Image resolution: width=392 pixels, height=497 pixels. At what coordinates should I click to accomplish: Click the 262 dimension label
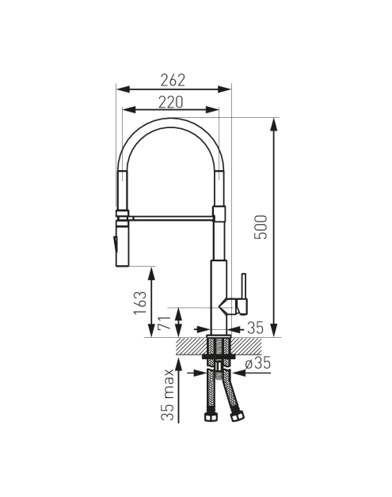(x=173, y=80)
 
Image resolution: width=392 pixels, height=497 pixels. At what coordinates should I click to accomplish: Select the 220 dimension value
(x=171, y=102)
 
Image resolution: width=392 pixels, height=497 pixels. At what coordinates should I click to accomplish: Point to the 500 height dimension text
(x=261, y=227)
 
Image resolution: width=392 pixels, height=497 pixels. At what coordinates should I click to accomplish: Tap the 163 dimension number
(x=140, y=302)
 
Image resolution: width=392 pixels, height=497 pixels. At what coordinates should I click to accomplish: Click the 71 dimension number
(x=164, y=323)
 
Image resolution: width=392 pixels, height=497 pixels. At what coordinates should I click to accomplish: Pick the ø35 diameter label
(x=258, y=363)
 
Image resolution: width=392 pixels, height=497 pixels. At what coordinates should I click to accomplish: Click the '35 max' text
(x=168, y=394)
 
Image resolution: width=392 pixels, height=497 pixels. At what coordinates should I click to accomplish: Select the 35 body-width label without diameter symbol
(x=255, y=328)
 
